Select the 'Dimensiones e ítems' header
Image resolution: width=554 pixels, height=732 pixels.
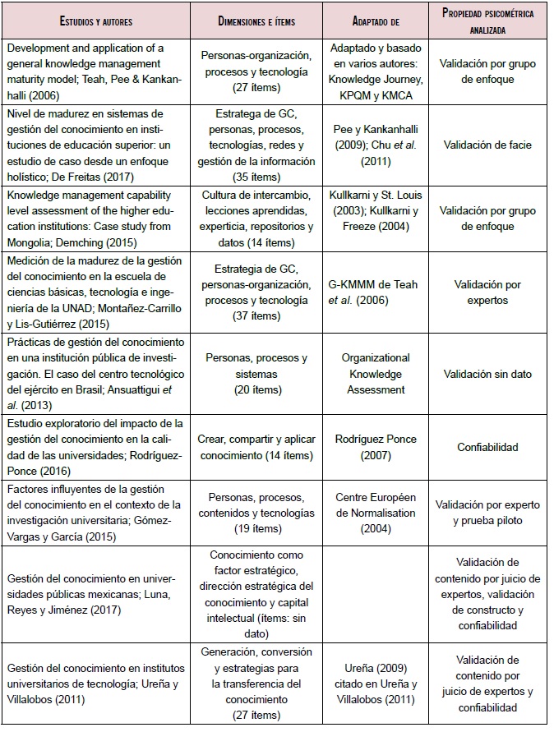256,20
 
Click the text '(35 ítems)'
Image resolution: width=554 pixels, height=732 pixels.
256,177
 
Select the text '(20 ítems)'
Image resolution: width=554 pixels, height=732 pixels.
256,390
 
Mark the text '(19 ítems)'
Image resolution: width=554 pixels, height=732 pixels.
256,528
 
